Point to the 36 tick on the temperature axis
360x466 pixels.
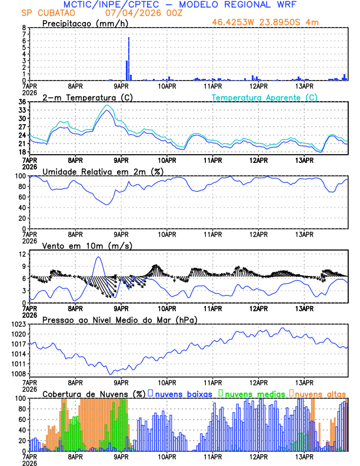tap(22, 102)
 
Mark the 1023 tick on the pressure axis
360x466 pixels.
tap(18, 324)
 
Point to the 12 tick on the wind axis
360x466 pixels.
tap(22, 254)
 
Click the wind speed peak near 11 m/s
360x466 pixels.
tap(98, 257)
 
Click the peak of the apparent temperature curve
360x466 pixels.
tap(106, 105)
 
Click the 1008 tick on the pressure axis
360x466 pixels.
tap(18, 374)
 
